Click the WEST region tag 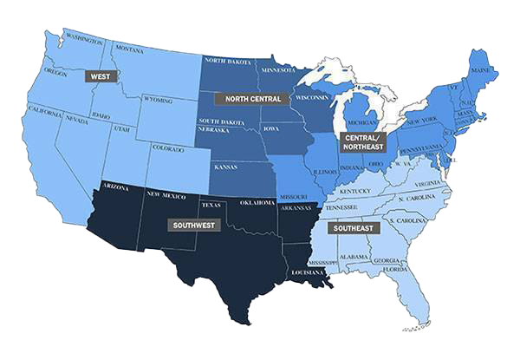[x=101, y=75]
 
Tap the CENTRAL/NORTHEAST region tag [x=362, y=142]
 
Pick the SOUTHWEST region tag [x=193, y=225]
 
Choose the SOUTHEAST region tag [x=354, y=228]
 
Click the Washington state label [x=83, y=40]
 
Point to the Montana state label [x=129, y=49]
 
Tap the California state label [x=44, y=110]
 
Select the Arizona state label [x=115, y=187]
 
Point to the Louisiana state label [x=306, y=271]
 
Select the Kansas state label [x=225, y=165]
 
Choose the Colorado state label [x=167, y=147]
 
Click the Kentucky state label [x=354, y=191]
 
